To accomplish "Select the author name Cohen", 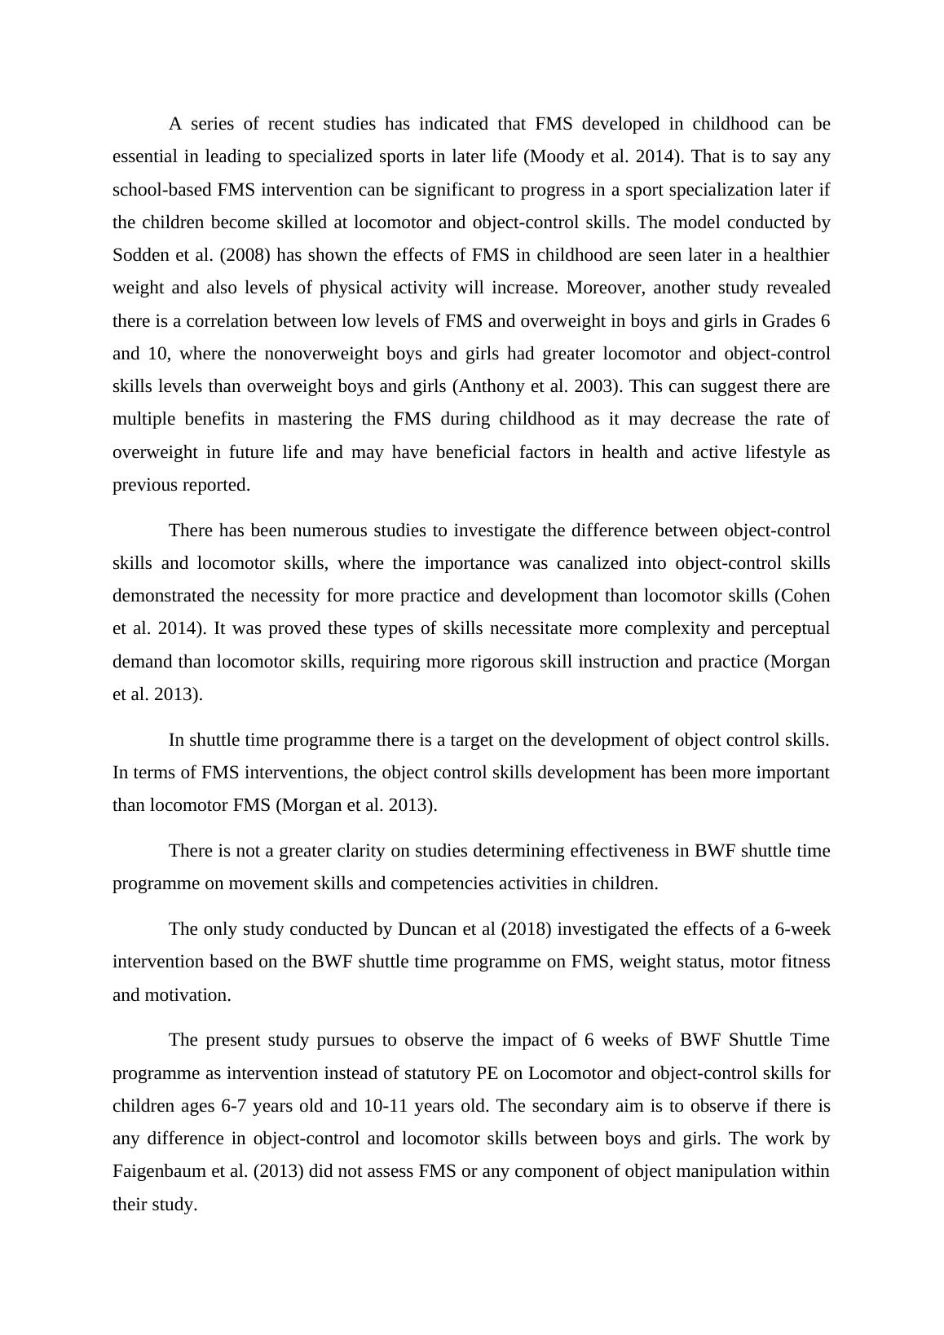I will (805, 596).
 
